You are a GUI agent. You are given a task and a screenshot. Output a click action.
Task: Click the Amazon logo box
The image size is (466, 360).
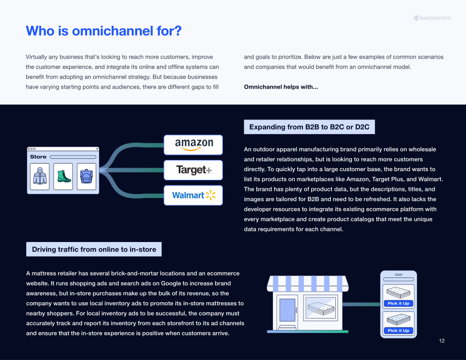pos(193,145)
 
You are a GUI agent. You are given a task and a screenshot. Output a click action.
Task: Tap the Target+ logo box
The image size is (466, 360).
pos(193,170)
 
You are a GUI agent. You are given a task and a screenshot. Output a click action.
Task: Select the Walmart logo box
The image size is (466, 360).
pos(193,195)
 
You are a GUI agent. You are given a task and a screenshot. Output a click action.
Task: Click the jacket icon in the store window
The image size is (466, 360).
pos(40,176)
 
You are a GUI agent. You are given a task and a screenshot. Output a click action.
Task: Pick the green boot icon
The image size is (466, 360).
pos(64,176)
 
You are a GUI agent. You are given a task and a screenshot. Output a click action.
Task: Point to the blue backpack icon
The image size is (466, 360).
pos(87,176)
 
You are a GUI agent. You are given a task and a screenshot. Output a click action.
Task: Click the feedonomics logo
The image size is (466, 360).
pos(432,18)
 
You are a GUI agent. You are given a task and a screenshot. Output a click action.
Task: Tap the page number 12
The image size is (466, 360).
pos(442,341)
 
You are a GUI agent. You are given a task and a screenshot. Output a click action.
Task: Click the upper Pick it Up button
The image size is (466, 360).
pos(399,303)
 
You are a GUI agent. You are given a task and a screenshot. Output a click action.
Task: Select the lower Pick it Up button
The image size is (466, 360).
pos(399,331)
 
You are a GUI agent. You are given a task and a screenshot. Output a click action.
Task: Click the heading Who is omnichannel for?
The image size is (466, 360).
pos(104,31)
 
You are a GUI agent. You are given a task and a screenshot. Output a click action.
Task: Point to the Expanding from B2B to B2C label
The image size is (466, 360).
pos(309,127)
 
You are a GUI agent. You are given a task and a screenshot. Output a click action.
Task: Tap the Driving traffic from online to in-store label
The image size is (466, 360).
pos(94,249)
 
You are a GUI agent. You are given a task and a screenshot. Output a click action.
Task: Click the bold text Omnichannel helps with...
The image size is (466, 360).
pos(281,87)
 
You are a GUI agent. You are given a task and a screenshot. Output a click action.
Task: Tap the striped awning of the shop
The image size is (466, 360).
pos(307,284)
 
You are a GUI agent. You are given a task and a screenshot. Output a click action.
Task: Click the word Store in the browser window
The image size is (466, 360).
pos(38,157)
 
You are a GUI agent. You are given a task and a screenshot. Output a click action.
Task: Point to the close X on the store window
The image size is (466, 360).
pos(97,149)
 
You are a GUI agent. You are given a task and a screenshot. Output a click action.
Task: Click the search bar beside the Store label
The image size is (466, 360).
pos(73,157)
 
